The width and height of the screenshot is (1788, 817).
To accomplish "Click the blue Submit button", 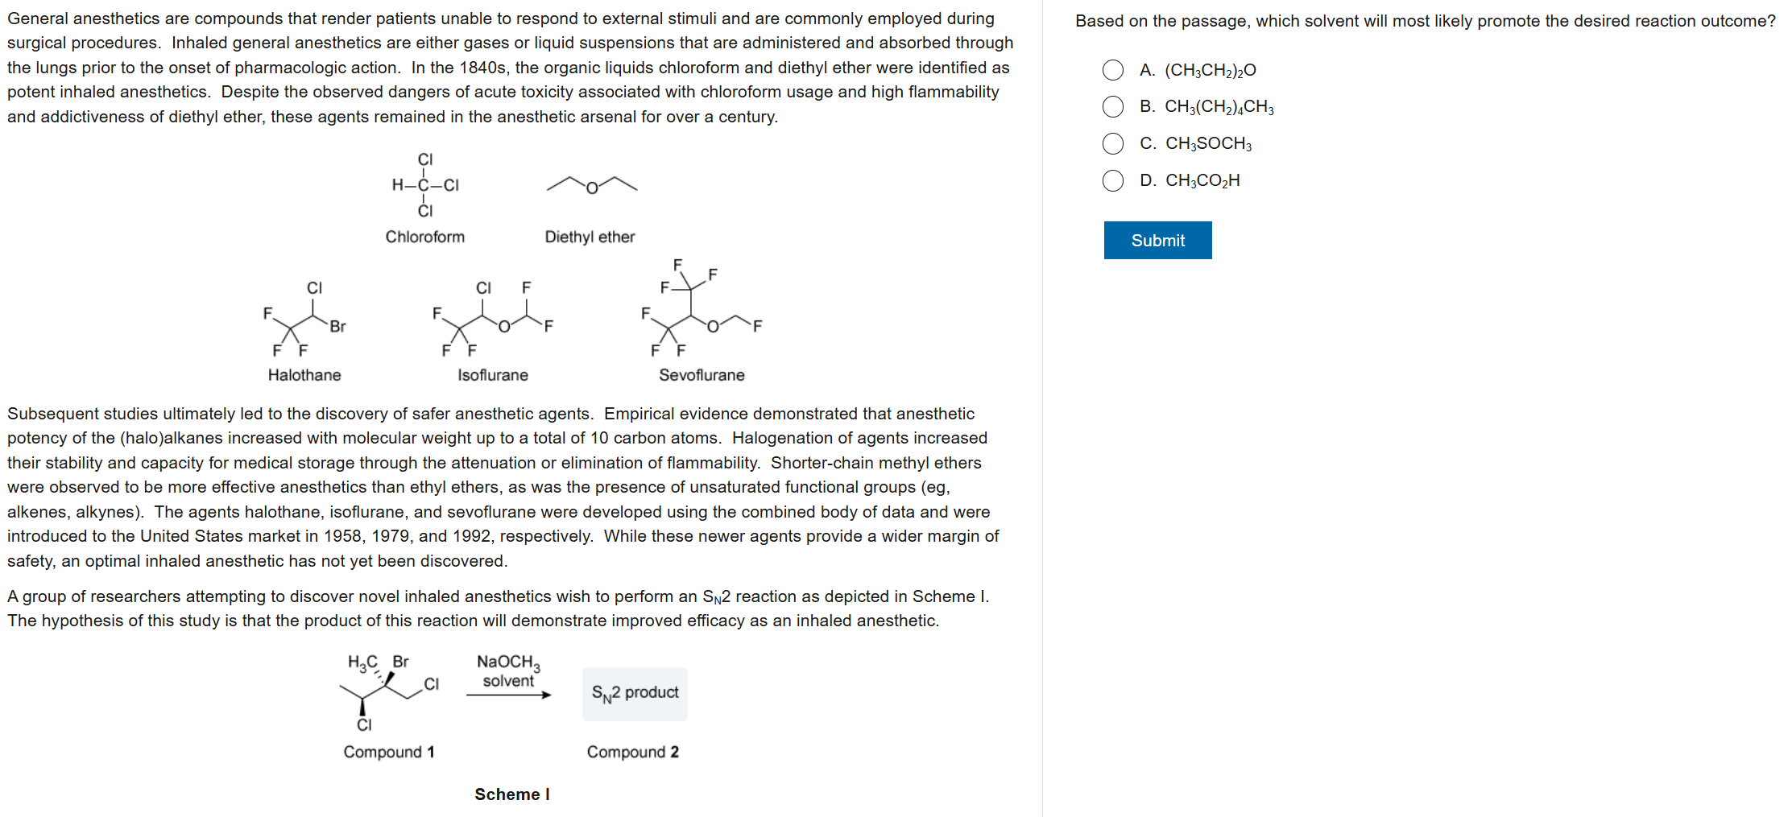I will pos(1157,240).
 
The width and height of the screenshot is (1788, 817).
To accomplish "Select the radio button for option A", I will pos(1113,70).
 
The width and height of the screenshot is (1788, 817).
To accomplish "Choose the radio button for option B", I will pos(1113,106).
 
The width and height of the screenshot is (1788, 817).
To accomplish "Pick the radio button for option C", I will pos(1113,143).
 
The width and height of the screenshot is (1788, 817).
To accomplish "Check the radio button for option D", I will pos(1113,180).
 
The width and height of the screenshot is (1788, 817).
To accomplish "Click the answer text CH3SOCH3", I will pos(1208,143).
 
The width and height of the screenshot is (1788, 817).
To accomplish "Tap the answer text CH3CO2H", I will pos(1202,180).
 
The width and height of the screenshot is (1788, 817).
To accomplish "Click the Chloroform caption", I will pos(424,237).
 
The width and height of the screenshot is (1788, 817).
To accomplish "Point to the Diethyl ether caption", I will pos(590,237).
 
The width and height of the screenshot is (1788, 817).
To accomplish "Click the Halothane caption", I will pos(304,375).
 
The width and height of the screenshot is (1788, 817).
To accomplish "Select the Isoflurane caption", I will pos(493,375).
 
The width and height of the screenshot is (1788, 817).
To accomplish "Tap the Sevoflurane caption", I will pos(702,375).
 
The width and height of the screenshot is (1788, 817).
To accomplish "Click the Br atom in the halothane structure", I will pos(337,326).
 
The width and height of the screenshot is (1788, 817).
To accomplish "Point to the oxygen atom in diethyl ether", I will pos(592,188).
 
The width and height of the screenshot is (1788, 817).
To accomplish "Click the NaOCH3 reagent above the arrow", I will pos(508,662).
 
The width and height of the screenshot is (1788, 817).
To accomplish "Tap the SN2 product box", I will pos(635,693).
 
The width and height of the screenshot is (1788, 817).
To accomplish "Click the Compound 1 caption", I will pos(389,752).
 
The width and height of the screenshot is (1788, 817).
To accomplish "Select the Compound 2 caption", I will pos(632,752).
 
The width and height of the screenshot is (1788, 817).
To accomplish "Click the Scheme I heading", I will pos(512,794).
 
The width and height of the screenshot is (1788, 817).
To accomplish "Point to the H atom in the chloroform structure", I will pos(398,185).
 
